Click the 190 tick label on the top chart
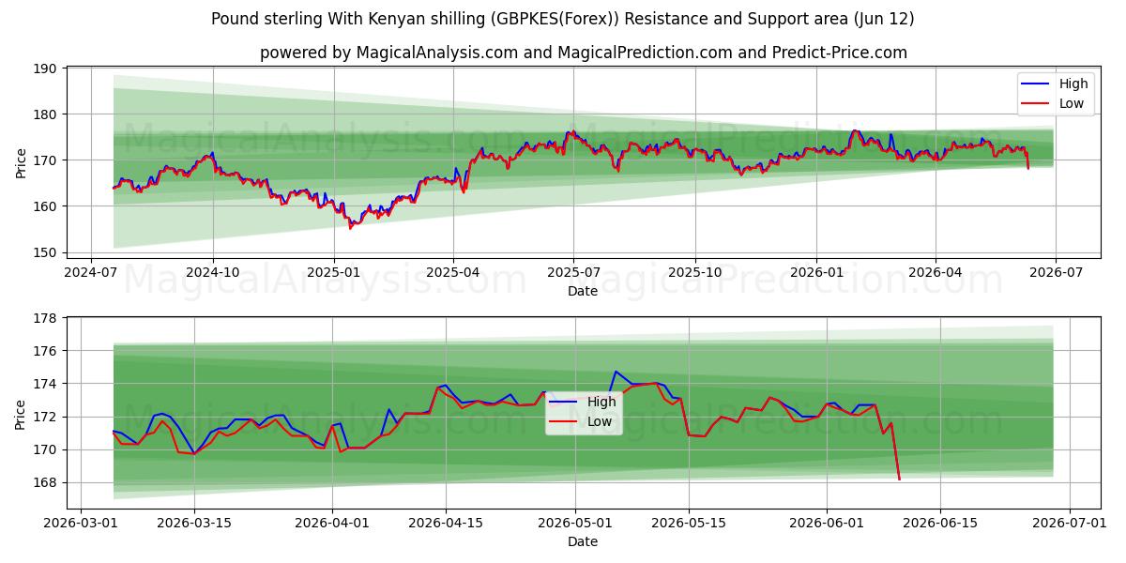coord(45,68)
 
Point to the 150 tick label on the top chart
coord(45,252)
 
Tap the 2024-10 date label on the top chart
coord(213,272)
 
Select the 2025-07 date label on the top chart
coord(573,272)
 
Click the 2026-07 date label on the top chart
coord(1056,272)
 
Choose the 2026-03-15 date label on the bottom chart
coord(194,523)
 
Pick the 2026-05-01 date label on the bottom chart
coord(575,523)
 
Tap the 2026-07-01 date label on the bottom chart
coord(1070,523)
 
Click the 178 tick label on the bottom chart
coord(45,318)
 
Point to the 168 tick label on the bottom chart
coord(45,483)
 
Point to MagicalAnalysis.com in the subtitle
coord(437,53)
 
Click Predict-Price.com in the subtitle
coord(840,53)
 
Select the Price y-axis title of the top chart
coord(21,163)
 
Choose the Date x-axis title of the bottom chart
coord(583,541)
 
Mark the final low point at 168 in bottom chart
coord(899,479)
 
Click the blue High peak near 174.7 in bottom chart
coord(616,372)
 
